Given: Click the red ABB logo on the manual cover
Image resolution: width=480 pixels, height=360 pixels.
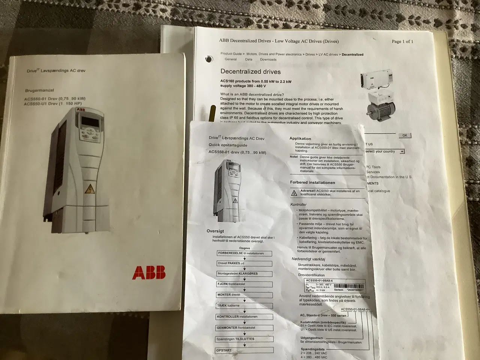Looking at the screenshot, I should click(148, 273).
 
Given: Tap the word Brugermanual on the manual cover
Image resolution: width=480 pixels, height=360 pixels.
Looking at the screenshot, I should click(39, 90).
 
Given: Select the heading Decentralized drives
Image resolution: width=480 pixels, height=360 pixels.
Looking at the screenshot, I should click(250, 72).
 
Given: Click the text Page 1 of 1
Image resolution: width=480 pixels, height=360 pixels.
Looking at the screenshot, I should click(402, 42).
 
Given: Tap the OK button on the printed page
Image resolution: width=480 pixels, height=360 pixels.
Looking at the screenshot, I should click(404, 135).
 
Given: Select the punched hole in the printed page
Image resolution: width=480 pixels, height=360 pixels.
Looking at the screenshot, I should click(208, 59).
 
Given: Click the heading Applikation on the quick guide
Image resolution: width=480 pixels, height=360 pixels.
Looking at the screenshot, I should click(300, 138).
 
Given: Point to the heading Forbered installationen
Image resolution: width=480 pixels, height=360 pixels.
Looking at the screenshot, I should click(312, 183).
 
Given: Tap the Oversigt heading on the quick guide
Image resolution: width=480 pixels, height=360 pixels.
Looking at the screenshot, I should click(215, 231).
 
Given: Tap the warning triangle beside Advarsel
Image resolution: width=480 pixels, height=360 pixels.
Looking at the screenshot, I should click(294, 193).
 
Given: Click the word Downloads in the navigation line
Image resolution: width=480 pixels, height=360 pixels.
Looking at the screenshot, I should click(268, 60).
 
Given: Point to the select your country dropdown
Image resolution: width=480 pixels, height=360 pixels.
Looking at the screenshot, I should click(384, 151).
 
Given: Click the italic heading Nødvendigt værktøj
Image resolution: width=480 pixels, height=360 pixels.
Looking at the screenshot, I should click(308, 259).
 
